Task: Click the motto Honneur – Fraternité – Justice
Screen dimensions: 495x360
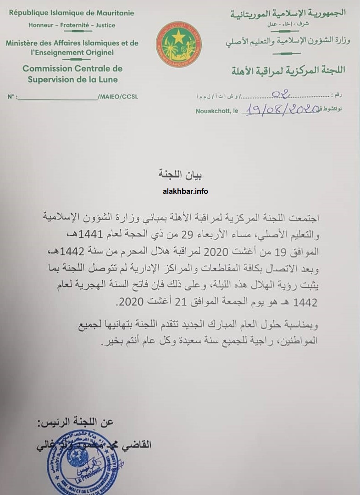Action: (72, 25)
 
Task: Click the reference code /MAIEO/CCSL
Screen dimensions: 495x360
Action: (118, 97)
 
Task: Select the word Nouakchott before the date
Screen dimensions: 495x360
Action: (211, 111)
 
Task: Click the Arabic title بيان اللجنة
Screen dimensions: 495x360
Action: (180, 175)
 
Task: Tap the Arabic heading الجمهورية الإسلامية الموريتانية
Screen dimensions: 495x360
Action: (288, 13)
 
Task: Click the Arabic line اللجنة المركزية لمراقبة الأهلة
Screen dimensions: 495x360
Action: (287, 71)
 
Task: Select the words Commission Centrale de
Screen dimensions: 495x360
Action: (72, 69)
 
